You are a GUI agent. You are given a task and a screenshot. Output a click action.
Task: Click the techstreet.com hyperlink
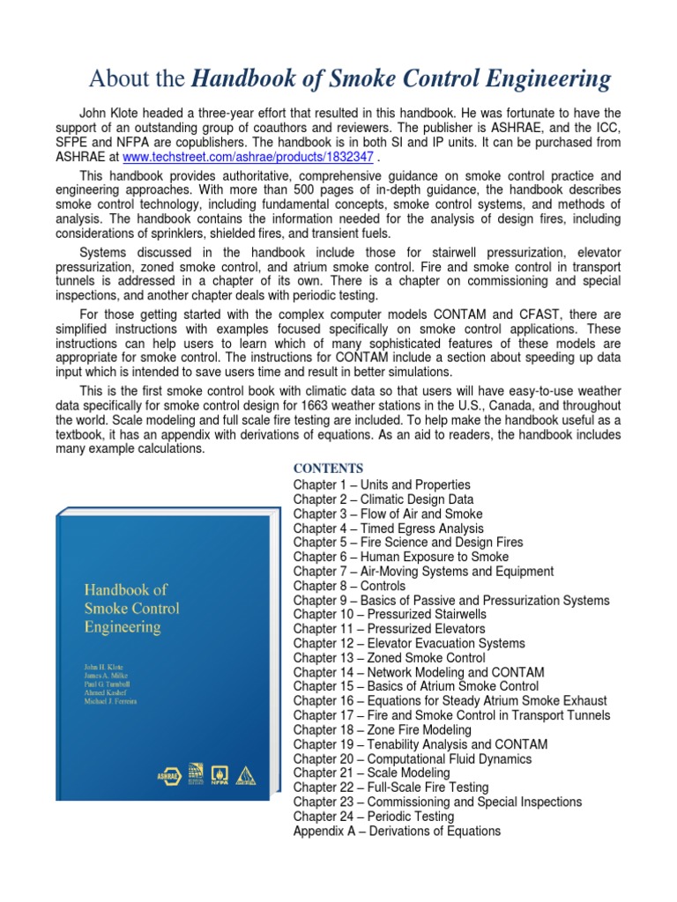pyautogui.click(x=248, y=156)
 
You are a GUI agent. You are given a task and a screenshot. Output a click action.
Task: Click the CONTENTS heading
pyautogui.click(x=328, y=468)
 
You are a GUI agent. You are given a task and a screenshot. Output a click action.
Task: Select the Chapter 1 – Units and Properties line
pyautogui.click(x=382, y=484)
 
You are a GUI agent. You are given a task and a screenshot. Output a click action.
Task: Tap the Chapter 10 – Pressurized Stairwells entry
pyautogui.click(x=389, y=614)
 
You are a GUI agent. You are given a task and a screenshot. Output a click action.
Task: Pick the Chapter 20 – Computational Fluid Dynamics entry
pyautogui.click(x=413, y=758)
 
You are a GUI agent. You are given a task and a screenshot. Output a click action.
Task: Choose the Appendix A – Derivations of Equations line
pyautogui.click(x=397, y=831)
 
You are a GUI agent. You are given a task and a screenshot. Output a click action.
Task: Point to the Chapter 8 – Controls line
pyautogui.click(x=349, y=586)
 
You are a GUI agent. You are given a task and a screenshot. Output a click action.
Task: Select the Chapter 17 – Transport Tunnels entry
pyautogui.click(x=450, y=715)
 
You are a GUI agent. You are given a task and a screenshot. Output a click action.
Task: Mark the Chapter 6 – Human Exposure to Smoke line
pyautogui.click(x=401, y=557)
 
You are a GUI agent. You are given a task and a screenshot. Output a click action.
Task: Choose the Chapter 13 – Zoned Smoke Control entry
pyautogui.click(x=389, y=657)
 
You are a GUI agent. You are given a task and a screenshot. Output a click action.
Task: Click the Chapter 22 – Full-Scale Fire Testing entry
pyautogui.click(x=391, y=787)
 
